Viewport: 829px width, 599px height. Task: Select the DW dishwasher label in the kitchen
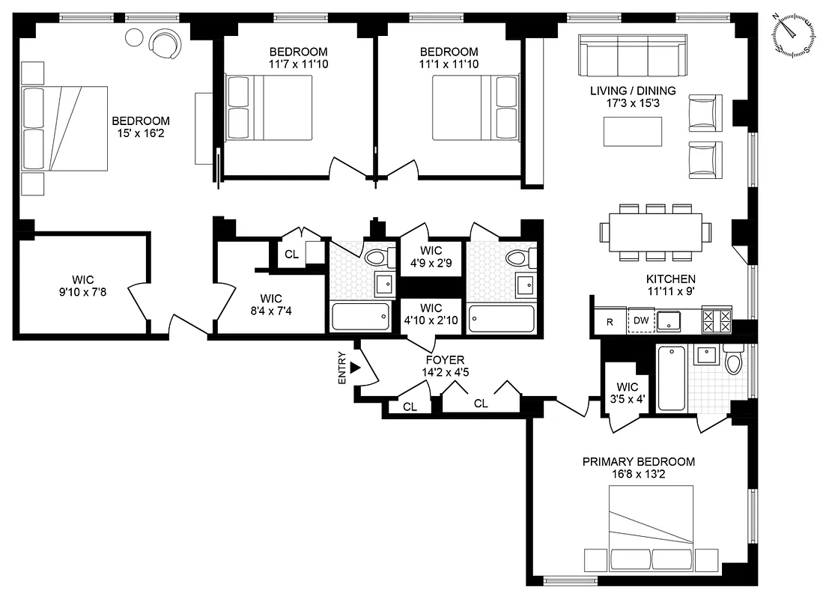(x=641, y=320)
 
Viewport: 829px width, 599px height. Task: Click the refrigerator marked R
(x=609, y=322)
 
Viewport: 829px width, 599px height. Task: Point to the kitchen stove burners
(x=716, y=320)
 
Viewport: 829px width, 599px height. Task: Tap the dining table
(x=655, y=232)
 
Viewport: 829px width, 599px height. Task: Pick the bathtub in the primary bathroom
(x=671, y=378)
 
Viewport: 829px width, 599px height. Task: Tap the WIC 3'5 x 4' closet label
(x=628, y=392)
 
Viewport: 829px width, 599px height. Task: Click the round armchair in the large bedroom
(x=166, y=43)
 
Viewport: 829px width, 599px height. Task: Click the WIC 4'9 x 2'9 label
(x=431, y=256)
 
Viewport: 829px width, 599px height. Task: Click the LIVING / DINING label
(x=633, y=91)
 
